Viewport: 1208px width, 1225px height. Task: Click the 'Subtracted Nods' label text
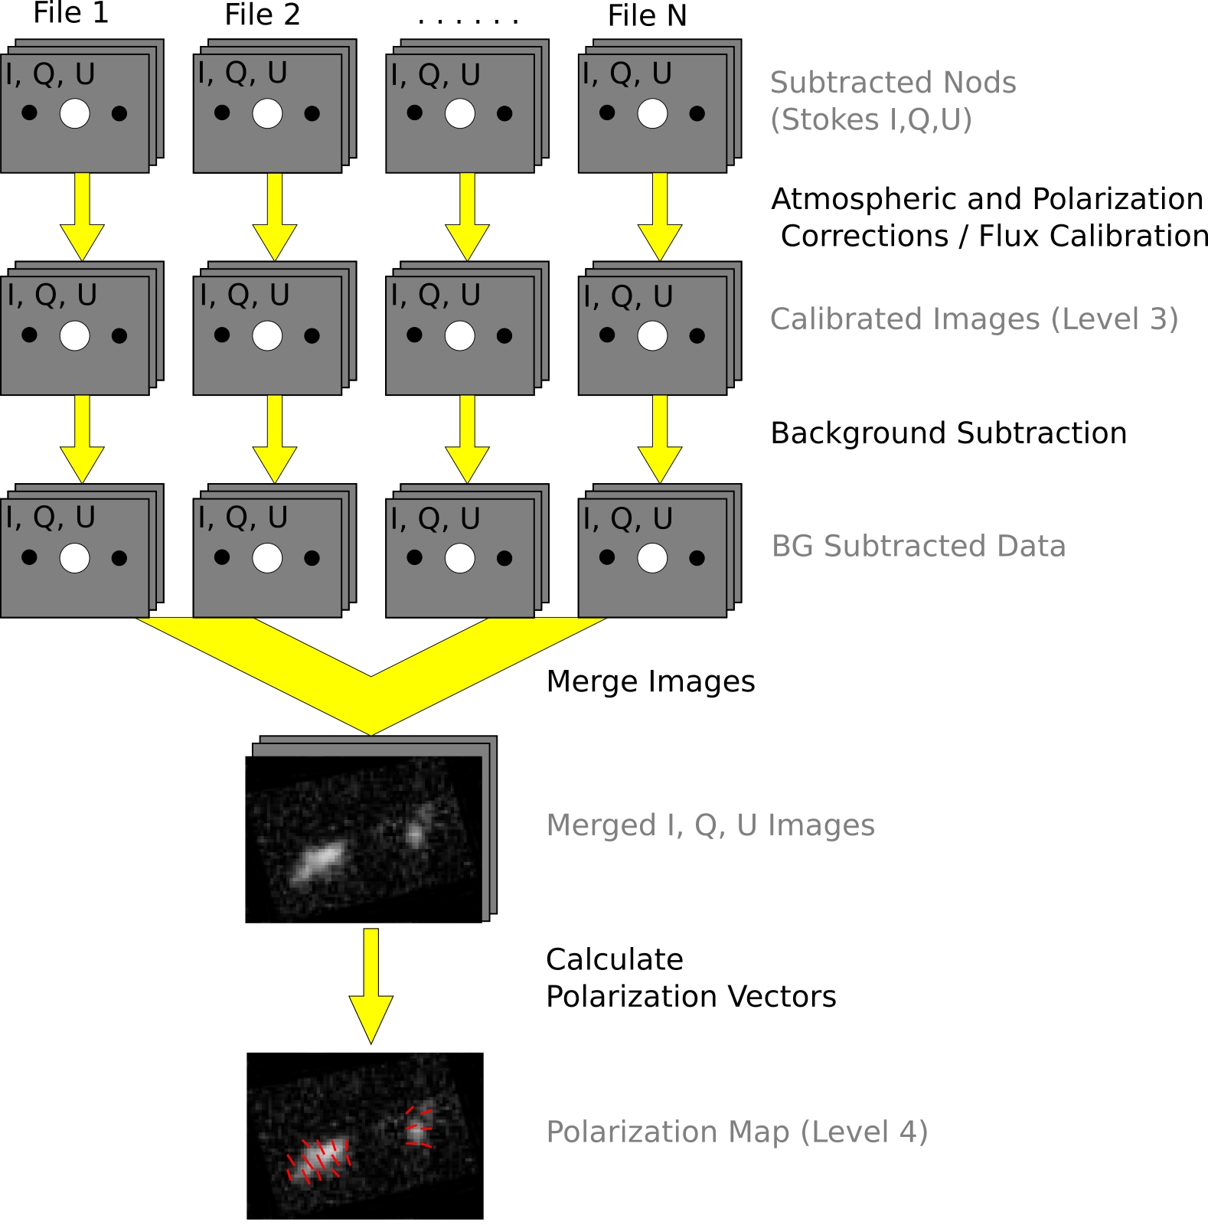coord(893,83)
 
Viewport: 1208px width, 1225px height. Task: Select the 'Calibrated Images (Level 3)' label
coord(973,319)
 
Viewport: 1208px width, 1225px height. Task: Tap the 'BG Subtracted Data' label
coord(918,546)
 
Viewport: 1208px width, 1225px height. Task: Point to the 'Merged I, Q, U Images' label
coord(710,825)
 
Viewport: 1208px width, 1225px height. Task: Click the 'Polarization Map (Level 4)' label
coord(736,1132)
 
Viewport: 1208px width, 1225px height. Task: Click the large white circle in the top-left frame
coord(75,113)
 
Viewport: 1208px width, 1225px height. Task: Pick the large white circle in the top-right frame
coord(652,113)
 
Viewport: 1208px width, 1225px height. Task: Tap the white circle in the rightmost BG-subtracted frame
coord(652,557)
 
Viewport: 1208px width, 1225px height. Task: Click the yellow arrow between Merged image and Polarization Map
coord(371,984)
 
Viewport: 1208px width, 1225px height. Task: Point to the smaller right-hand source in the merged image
coord(416,831)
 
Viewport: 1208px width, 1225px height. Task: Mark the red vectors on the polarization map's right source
coord(419,1127)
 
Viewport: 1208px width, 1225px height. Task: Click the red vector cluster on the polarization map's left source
coord(318,1159)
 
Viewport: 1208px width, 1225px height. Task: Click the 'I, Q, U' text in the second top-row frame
coord(242,73)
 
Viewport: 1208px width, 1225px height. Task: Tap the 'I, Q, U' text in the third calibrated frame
coord(435,296)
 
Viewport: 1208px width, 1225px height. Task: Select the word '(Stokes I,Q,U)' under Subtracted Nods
coord(870,120)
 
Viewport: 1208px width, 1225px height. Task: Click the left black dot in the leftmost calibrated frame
coord(30,335)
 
